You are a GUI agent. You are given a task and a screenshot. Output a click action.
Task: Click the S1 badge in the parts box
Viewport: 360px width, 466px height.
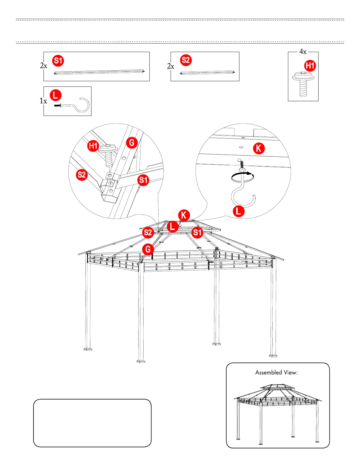pyautogui.click(x=58, y=61)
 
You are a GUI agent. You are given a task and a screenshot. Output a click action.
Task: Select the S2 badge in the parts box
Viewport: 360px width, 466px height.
pyautogui.click(x=186, y=60)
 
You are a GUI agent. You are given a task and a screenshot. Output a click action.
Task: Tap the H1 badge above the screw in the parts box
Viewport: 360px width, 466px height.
pyautogui.click(x=310, y=65)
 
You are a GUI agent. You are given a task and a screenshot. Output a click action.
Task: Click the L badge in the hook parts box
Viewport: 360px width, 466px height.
pyautogui.click(x=56, y=95)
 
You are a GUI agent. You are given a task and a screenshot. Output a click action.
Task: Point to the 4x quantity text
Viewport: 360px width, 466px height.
pyautogui.click(x=303, y=52)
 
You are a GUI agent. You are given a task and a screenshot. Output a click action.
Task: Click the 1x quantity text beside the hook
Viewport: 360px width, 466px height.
pyautogui.click(x=43, y=101)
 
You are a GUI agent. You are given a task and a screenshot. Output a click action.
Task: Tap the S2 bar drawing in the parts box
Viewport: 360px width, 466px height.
pyautogui.click(x=207, y=72)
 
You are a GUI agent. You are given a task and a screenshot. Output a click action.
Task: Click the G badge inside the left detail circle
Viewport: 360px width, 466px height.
pyautogui.click(x=132, y=143)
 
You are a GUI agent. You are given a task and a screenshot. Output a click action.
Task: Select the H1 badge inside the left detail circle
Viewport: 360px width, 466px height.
pyautogui.click(x=93, y=146)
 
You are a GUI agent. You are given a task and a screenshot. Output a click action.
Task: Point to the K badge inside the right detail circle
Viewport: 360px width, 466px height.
pyautogui.click(x=259, y=148)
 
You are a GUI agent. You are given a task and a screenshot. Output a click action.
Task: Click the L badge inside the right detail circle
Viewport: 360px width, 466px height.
pyautogui.click(x=239, y=211)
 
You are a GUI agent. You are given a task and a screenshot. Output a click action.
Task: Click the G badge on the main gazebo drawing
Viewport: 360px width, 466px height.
pyautogui.click(x=148, y=249)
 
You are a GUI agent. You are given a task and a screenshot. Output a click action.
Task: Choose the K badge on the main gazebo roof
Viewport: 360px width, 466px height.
pyautogui.click(x=184, y=215)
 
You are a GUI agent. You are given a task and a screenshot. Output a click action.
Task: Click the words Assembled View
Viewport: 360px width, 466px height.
pyautogui.click(x=276, y=372)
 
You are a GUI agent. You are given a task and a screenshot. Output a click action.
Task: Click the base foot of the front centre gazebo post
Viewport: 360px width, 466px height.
pyautogui.click(x=141, y=361)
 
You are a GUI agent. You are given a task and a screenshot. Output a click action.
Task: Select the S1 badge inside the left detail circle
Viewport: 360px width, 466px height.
pyautogui.click(x=143, y=180)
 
